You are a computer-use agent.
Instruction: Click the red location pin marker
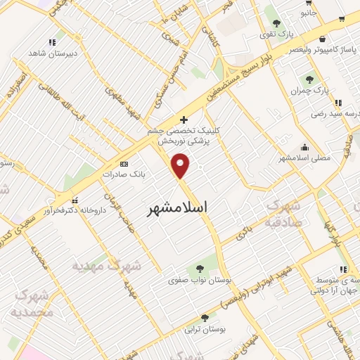coord(182,167)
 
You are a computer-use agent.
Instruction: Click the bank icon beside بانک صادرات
coord(125,163)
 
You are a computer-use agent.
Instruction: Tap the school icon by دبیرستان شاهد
coord(51,42)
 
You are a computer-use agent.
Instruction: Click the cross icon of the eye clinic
coord(184,120)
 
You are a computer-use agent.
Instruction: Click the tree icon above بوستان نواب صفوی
coord(200,268)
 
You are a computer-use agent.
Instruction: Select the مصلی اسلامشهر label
coord(304,159)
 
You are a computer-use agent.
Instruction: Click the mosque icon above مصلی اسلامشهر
coord(304,148)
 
